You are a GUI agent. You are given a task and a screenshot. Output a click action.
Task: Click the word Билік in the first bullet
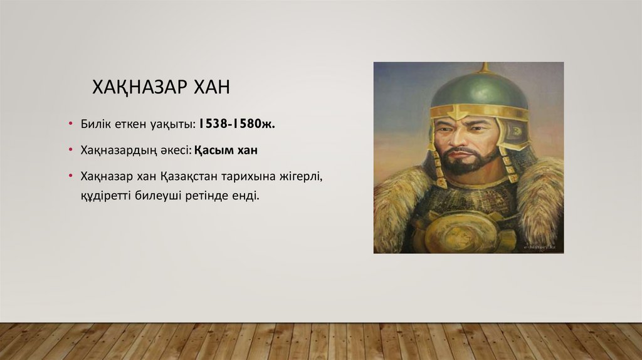(x=95, y=124)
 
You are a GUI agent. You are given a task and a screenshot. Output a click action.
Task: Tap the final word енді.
(x=245, y=196)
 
